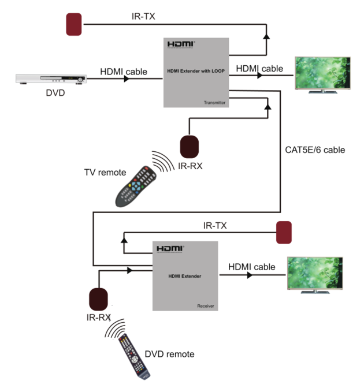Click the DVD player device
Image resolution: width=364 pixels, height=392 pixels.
[x=51, y=79]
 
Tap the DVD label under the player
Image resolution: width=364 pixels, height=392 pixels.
[x=55, y=93]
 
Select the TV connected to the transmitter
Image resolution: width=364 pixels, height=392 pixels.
[x=322, y=75]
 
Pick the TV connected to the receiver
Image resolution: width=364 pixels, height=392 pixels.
[x=315, y=275]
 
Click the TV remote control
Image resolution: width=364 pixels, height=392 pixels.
[x=136, y=186]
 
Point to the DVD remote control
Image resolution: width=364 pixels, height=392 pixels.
[x=135, y=357]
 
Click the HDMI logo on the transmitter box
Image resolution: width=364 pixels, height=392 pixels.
[x=181, y=44]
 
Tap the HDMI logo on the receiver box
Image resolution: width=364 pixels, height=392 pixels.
[x=170, y=249]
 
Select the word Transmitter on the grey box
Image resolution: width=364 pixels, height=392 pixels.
[x=214, y=103]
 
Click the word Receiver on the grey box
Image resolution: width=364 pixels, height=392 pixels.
[x=205, y=306]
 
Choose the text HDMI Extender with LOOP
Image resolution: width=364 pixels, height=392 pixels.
[x=196, y=71]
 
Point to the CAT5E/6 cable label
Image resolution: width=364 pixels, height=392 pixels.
[x=315, y=150]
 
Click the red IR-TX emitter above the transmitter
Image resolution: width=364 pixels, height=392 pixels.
[x=74, y=24]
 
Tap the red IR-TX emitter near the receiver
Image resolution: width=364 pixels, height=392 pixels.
[x=284, y=232]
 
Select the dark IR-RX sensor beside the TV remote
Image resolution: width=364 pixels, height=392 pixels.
[x=190, y=147]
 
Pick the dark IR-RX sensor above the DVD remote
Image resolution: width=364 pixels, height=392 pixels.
[x=98, y=299]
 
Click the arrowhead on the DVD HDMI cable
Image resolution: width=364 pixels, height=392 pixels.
[x=127, y=79]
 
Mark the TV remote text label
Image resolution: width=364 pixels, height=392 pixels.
[x=105, y=173]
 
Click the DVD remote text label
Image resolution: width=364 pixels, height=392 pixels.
[x=170, y=354]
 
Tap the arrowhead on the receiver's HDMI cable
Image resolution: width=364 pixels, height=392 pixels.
[x=250, y=275]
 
